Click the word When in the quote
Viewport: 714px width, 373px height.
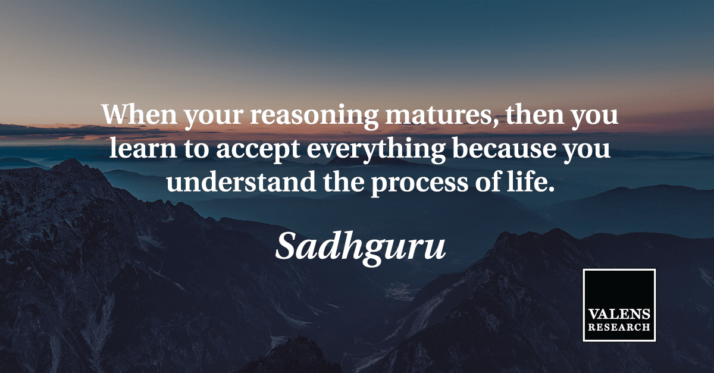point(139,114)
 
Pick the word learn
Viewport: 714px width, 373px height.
point(143,148)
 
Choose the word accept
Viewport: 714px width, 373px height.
point(258,151)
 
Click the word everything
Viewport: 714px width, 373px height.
point(376,150)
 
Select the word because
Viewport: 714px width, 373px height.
point(504,148)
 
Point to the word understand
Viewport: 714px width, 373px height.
point(241,181)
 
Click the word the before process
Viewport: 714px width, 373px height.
point(344,181)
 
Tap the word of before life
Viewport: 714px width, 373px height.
point(488,181)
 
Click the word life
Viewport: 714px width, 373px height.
point(527,181)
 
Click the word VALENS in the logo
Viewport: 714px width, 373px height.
point(619,314)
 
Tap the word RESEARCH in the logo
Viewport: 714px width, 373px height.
point(619,327)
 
